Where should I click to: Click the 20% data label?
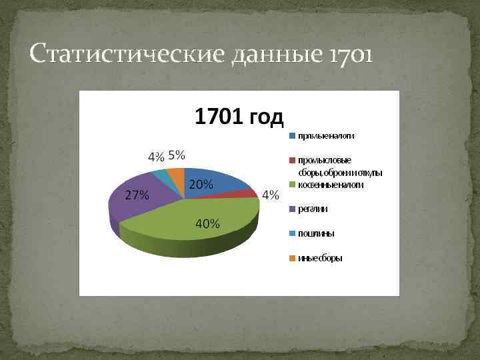coord(201,185)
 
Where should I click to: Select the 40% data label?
coord(207,223)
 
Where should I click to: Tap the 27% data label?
coord(137,195)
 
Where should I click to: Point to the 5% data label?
coord(177,155)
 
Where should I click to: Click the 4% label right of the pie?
coord(270,195)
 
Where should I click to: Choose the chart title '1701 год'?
coord(239,117)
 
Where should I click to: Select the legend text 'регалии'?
coord(313,209)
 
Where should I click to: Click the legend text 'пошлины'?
coord(316,233)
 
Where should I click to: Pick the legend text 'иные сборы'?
coord(320,258)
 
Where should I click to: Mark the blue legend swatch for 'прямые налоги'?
coord(292,136)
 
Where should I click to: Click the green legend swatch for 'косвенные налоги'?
coord(292,185)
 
